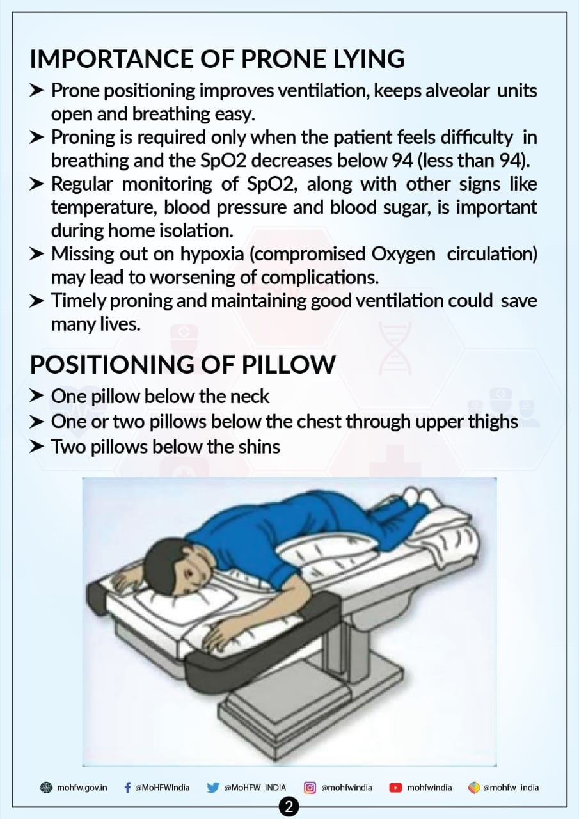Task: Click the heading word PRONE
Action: click(283, 59)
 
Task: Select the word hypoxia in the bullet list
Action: click(212, 255)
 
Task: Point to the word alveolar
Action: click(457, 91)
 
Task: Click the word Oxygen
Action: click(403, 255)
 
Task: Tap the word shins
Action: click(259, 447)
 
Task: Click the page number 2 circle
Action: click(289, 807)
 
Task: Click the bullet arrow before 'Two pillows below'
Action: click(36, 447)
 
